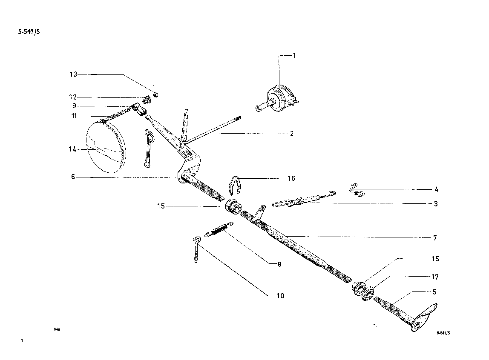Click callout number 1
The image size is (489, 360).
point(294,56)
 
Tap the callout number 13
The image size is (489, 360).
point(73,74)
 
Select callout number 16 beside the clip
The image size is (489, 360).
point(291,178)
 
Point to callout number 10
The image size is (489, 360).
point(280,295)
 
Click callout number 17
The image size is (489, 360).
point(435,277)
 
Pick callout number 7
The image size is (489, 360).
point(434,237)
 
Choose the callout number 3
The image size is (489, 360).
point(436,204)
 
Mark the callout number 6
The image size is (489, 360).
point(73,177)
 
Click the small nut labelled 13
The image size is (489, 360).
point(155,94)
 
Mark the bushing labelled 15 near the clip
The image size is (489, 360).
point(232,206)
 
